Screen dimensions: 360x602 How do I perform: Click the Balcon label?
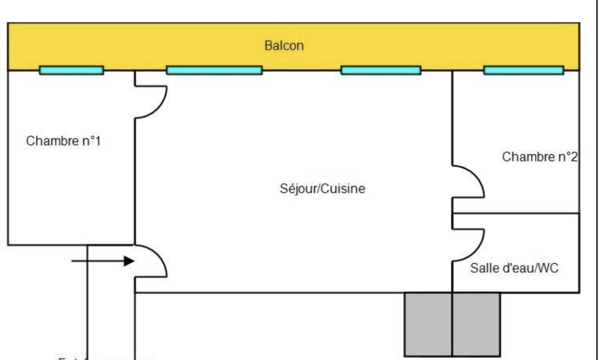[x=284, y=45]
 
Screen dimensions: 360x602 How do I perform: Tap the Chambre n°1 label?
[x=63, y=141]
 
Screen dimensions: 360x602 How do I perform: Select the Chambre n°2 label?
[x=539, y=157]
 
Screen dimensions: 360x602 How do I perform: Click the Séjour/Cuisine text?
[x=322, y=189]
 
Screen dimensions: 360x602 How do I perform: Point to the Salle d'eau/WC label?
[x=514, y=268]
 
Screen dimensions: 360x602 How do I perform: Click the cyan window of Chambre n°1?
[x=72, y=70]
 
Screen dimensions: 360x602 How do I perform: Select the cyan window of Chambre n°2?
[x=523, y=70]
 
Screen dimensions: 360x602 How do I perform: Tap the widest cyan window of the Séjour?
[x=214, y=70]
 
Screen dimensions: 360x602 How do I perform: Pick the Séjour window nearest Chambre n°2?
[x=381, y=70]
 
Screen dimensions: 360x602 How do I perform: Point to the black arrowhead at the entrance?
[x=130, y=261]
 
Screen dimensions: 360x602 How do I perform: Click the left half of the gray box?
[x=428, y=324]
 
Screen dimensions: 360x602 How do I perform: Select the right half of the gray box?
[x=476, y=324]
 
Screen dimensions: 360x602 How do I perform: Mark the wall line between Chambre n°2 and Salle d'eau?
[x=516, y=213]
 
